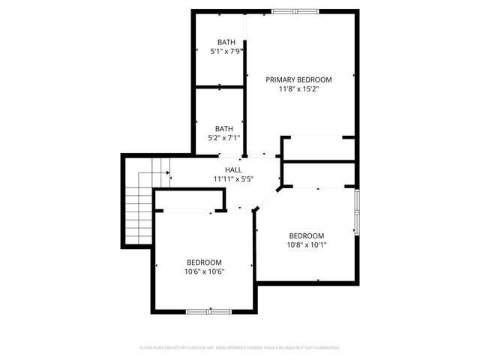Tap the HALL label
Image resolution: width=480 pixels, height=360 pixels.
click(x=223, y=170)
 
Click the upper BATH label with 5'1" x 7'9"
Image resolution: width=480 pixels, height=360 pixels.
click(x=226, y=42)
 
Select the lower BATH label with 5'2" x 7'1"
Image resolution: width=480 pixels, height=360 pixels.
click(x=223, y=128)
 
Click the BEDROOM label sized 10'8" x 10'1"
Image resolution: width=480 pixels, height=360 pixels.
click(x=307, y=235)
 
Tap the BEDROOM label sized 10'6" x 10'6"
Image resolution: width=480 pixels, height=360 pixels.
click(x=204, y=262)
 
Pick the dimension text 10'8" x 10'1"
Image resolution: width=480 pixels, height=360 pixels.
click(x=307, y=244)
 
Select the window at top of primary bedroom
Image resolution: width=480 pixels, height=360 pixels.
click(x=293, y=11)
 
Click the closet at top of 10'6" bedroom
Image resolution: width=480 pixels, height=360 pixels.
click(x=189, y=202)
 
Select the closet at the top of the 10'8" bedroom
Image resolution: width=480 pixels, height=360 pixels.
click(x=318, y=175)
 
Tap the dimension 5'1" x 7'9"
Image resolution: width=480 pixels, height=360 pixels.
click(x=226, y=52)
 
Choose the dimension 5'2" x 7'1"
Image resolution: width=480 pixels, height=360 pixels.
click(x=223, y=138)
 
